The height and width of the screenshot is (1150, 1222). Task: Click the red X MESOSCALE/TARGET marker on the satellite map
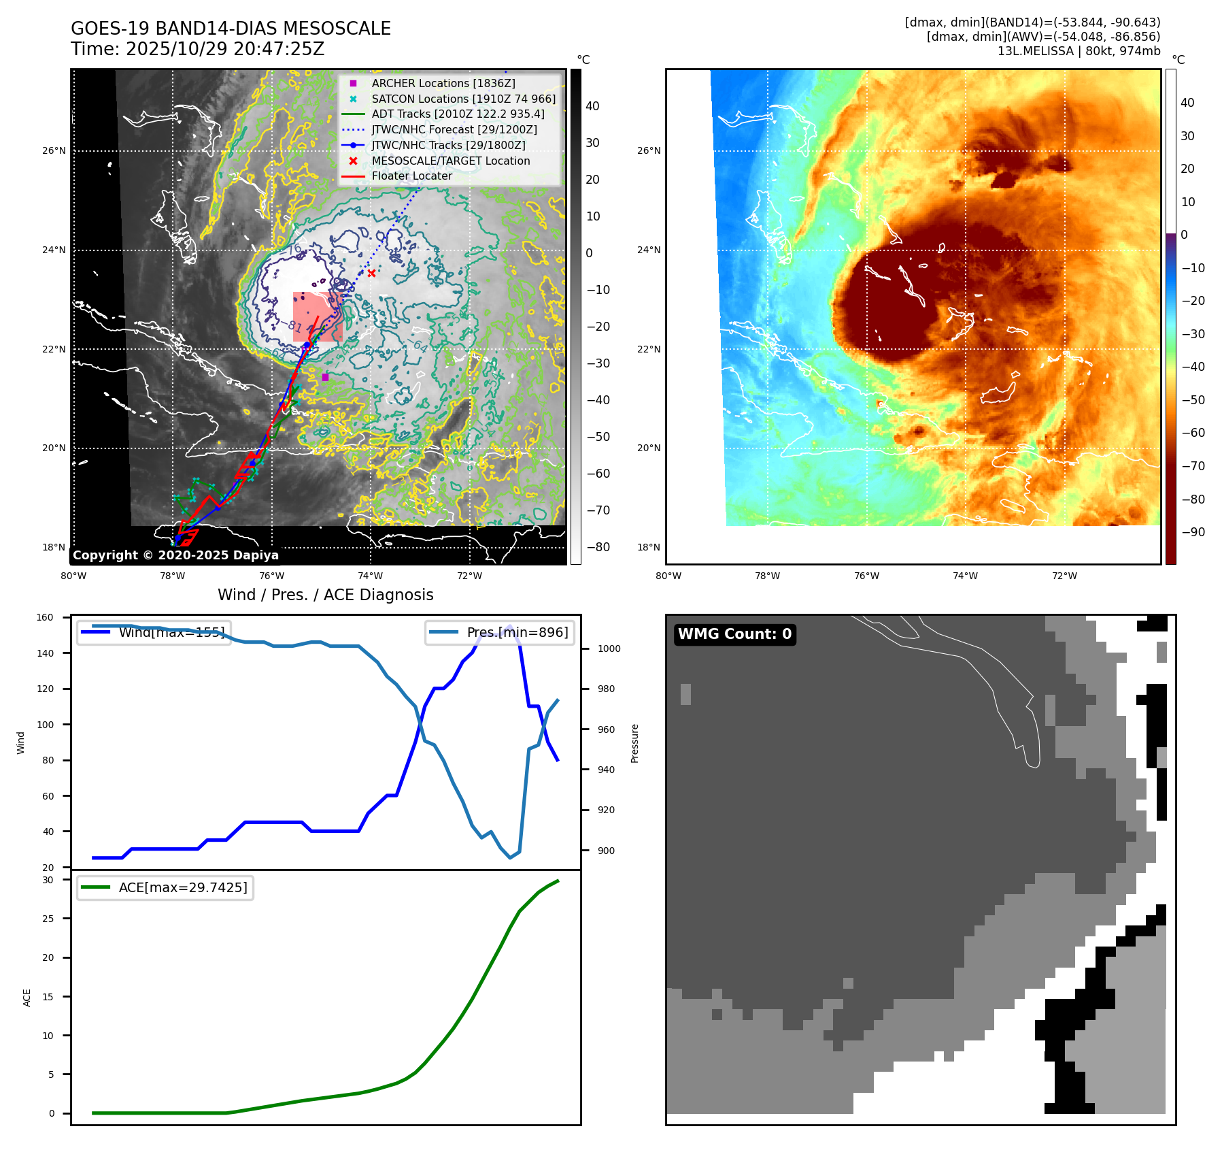[371, 274]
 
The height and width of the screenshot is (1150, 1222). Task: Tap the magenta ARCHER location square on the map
[325, 377]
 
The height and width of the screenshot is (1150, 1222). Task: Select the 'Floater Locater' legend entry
[411, 176]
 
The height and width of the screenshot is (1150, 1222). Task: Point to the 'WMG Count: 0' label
[734, 634]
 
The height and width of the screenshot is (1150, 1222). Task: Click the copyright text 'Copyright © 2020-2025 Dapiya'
[175, 555]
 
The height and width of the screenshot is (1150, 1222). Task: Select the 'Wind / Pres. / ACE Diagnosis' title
[325, 595]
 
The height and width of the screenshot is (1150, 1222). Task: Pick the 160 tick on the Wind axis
[45, 618]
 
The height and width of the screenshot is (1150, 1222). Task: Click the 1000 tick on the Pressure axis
[609, 649]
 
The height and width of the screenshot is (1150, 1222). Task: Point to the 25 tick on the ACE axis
[48, 919]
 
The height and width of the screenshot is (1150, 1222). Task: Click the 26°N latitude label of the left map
[54, 151]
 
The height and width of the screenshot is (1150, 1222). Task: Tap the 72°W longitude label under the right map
[1064, 576]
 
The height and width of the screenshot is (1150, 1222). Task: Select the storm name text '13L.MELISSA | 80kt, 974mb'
[1079, 51]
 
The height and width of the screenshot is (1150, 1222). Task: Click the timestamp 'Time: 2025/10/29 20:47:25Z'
[197, 50]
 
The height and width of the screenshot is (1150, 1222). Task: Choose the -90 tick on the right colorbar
[1193, 532]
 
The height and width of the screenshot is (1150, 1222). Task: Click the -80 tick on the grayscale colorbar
[598, 547]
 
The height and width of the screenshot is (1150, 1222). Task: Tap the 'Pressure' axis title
[634, 743]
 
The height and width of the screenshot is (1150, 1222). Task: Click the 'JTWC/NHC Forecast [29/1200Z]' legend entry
[454, 130]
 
